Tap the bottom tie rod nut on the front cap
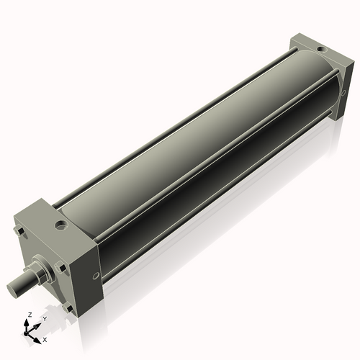pos(68,308)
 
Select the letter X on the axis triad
pos(45,338)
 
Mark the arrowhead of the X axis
pos(39,336)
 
